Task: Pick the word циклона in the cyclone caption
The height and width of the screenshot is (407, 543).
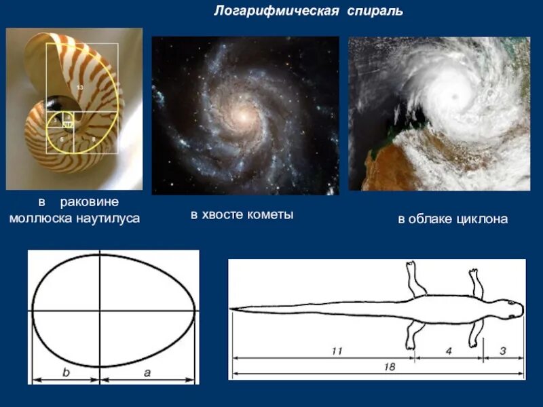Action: [x=484, y=219]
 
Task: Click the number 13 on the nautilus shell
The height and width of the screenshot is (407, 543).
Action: [x=80, y=88]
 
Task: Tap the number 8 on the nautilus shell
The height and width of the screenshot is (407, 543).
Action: [x=92, y=138]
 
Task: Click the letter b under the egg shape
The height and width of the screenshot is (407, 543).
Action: [x=66, y=372]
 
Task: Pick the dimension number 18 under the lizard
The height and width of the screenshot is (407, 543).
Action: [x=388, y=366]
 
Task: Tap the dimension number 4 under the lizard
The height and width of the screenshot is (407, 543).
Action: [x=449, y=350]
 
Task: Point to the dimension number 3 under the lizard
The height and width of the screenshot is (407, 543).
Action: [x=503, y=350]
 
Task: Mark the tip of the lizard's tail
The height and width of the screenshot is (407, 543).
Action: [x=232, y=309]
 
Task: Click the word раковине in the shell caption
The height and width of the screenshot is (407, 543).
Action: [x=89, y=202]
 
